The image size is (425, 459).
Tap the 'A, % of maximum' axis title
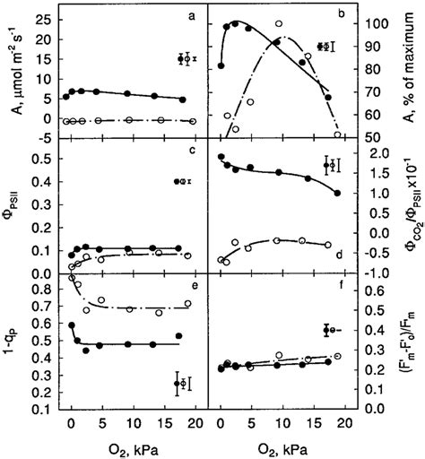pyautogui.click(x=412, y=70)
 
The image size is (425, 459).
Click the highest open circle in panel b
pyautogui.click(x=279, y=24)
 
